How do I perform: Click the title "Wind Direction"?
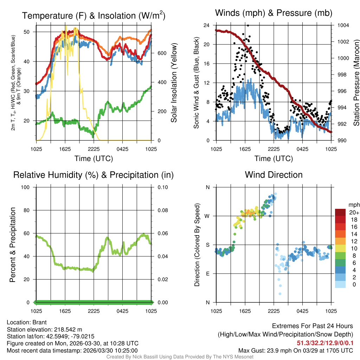(274, 175)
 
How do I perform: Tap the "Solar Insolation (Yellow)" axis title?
(174, 83)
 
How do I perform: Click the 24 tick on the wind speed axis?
(207, 25)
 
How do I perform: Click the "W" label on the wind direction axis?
(207, 216)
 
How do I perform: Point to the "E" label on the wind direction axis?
(207, 274)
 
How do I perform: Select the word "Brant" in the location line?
(40, 322)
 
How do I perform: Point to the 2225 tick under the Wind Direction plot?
(274, 311)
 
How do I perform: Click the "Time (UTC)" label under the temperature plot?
(94, 159)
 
